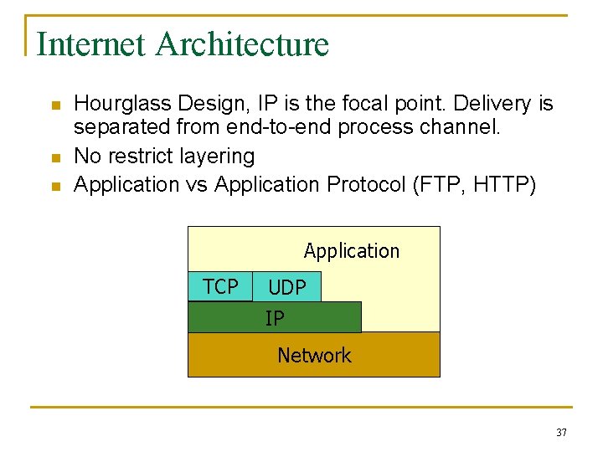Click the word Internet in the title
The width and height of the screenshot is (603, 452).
pyautogui.click(x=91, y=44)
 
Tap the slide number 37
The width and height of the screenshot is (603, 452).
pyautogui.click(x=561, y=433)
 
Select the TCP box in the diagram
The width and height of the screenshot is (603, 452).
pyautogui.click(x=220, y=287)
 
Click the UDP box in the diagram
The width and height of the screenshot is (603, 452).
pyautogui.click(x=287, y=288)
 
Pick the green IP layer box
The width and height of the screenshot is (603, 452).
pyautogui.click(x=275, y=318)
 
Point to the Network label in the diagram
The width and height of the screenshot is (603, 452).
pyautogui.click(x=314, y=356)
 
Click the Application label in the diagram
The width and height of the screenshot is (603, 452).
pyautogui.click(x=351, y=251)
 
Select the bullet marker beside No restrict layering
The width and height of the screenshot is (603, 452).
pyautogui.click(x=55, y=158)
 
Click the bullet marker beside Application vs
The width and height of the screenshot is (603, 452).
pyautogui.click(x=55, y=186)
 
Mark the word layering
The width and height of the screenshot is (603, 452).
pyautogui.click(x=214, y=157)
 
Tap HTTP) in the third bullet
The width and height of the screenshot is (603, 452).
pyautogui.click(x=505, y=184)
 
